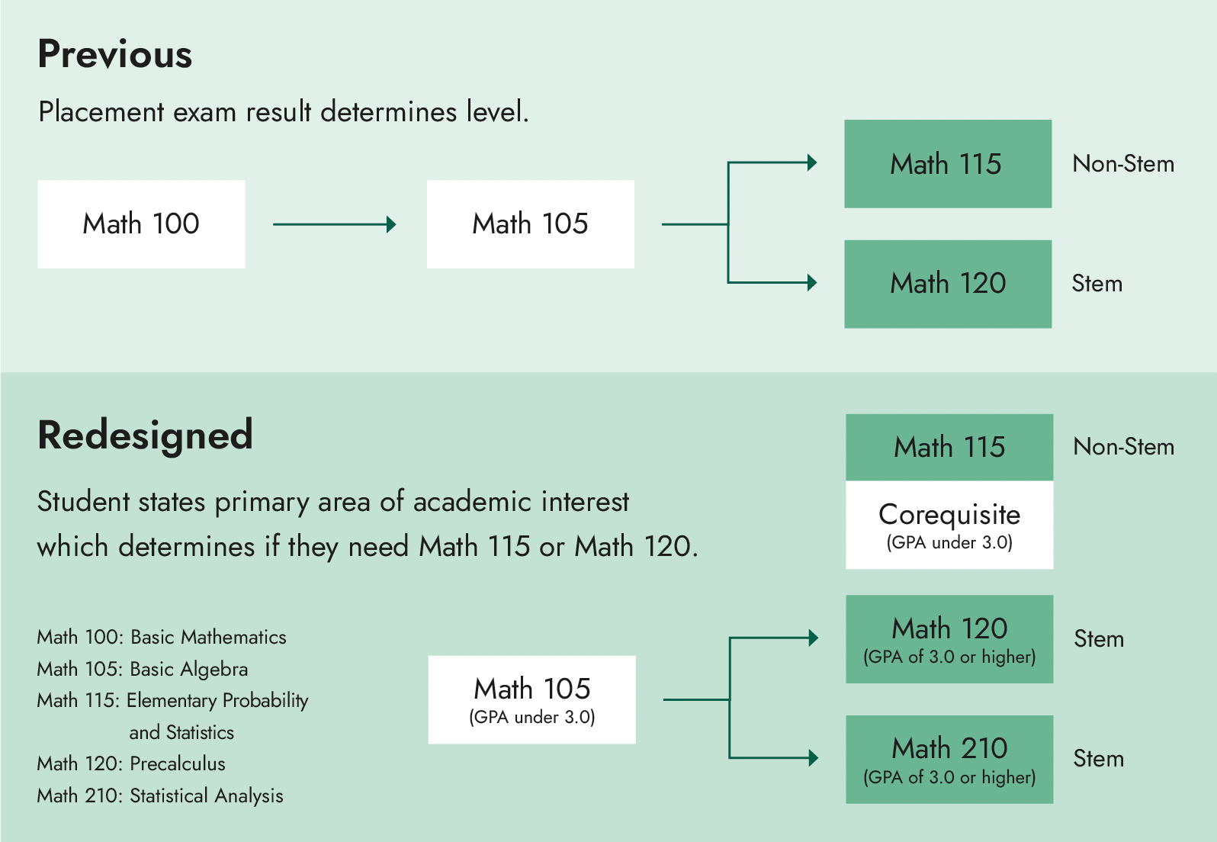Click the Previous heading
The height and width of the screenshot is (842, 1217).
coord(115,54)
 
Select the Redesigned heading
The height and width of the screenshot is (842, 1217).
coord(145,435)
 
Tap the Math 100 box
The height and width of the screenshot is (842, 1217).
coord(141,224)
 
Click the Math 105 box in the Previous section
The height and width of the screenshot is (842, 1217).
coord(530,224)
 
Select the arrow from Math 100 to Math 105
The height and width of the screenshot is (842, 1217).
coord(334,224)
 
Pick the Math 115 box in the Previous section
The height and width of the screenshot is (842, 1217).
coord(947,164)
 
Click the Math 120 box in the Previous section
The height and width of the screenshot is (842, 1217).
coord(947,284)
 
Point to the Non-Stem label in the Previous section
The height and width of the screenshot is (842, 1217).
coord(1122,164)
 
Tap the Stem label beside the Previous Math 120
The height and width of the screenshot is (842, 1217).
coord(1097,284)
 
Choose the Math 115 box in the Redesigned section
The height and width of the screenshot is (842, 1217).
coord(949,447)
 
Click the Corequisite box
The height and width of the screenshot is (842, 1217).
coord(949,525)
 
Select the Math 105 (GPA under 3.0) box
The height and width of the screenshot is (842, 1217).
coord(531,699)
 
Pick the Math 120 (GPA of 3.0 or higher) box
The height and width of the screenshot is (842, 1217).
coord(949,639)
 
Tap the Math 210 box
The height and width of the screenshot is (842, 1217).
coord(949,759)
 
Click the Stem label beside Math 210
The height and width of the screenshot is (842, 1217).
coord(1098,759)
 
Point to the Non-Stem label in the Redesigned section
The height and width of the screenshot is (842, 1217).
coord(1123,447)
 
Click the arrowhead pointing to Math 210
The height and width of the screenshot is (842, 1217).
coord(813,758)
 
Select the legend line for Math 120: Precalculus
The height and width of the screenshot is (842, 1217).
coord(131,763)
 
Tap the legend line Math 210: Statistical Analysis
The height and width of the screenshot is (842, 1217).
coord(160,795)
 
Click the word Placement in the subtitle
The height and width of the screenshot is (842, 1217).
coord(101,112)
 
